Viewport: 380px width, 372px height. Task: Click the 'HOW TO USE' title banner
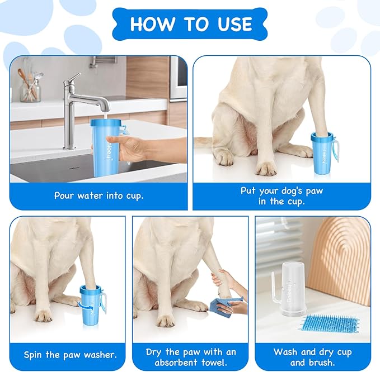[190, 24]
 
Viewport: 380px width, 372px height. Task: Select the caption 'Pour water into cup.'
[98, 195]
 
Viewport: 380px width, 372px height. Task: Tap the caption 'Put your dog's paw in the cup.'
[282, 196]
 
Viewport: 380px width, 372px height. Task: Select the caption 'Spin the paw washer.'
[70, 355]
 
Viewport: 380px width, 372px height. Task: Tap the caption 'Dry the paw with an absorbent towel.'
[191, 357]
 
